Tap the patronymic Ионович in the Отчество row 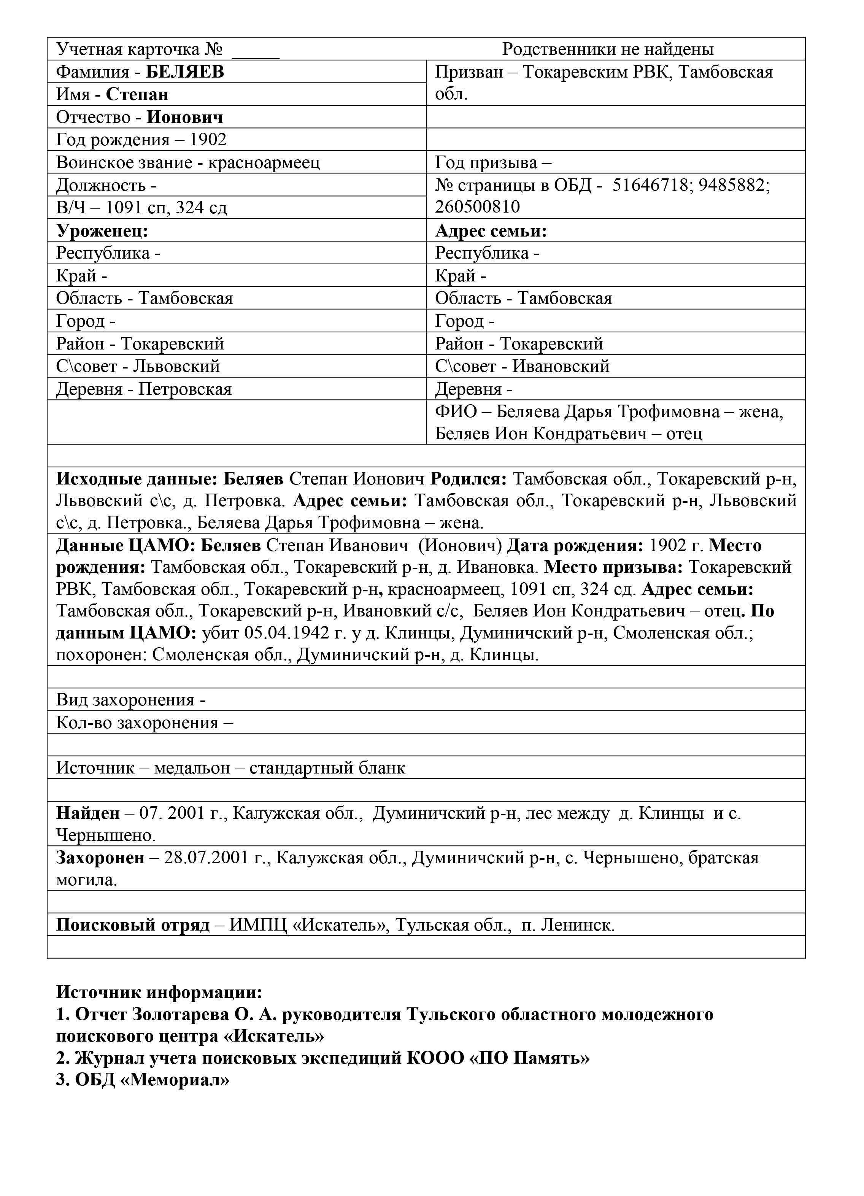(184, 117)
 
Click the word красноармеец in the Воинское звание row (264, 162)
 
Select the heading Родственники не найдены (607, 49)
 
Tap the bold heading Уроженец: (102, 231)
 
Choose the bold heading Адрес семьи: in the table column (491, 231)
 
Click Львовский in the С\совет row (176, 367)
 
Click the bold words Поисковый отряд (133, 926)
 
